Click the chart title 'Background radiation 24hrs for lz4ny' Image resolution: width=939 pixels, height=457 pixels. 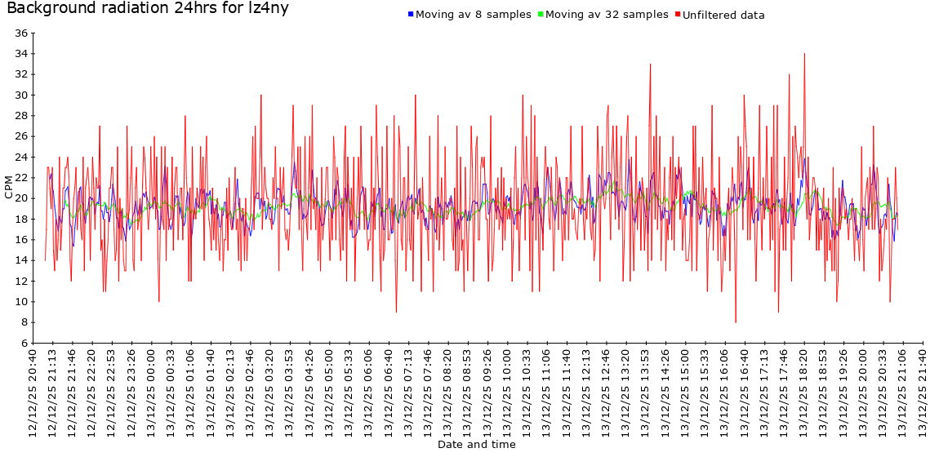(x=148, y=9)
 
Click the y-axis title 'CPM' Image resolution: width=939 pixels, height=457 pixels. (x=9, y=187)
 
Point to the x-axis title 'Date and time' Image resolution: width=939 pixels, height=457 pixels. (x=476, y=445)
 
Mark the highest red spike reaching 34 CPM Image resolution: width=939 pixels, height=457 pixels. (x=804, y=55)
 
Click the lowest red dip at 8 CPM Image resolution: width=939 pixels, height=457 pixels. (x=736, y=322)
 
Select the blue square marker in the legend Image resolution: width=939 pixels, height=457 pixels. (x=410, y=15)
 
